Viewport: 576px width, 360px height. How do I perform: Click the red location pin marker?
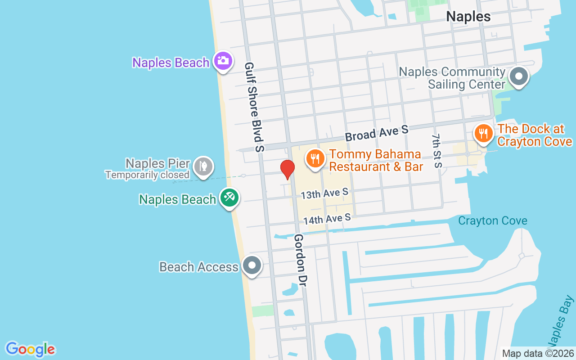pyautogui.click(x=287, y=169)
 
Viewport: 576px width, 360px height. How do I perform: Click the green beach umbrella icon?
pyautogui.click(x=229, y=198)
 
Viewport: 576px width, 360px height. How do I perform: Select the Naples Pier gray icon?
pyautogui.click(x=203, y=166)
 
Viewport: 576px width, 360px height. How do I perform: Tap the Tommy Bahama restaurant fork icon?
pyautogui.click(x=315, y=159)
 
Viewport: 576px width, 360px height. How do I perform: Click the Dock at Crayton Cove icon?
pyautogui.click(x=483, y=134)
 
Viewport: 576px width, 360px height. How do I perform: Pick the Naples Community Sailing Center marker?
pyautogui.click(x=519, y=76)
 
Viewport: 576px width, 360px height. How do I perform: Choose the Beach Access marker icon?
pyautogui.click(x=252, y=265)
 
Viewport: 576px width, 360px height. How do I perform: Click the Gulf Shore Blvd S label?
pyautogui.click(x=254, y=107)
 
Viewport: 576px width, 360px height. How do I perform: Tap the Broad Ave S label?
pyautogui.click(x=377, y=133)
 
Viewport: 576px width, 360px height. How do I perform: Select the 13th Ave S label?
pyautogui.click(x=324, y=193)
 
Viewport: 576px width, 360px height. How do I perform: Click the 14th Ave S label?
pyautogui.click(x=327, y=219)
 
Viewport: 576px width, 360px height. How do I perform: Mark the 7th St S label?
pyautogui.click(x=436, y=150)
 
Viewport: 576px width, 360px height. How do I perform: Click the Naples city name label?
pyautogui.click(x=468, y=17)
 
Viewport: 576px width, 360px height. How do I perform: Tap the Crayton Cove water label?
pyautogui.click(x=492, y=221)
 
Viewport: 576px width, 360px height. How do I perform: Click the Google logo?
pyautogui.click(x=30, y=349)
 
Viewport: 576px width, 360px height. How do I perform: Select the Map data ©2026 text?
pyautogui.click(x=538, y=354)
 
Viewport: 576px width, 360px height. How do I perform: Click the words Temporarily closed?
pyautogui.click(x=147, y=175)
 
